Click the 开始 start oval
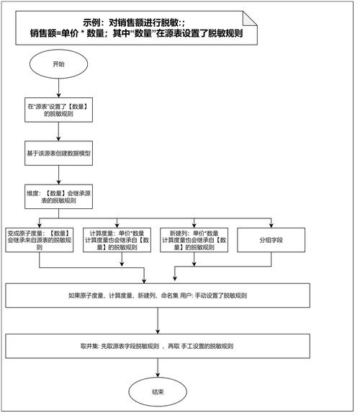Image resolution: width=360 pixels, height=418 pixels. coord(58,64)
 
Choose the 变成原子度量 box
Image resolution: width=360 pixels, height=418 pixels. coord(39,240)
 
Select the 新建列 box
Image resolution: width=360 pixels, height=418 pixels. coord(197,240)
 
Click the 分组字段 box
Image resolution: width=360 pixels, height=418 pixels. coord(271,240)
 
